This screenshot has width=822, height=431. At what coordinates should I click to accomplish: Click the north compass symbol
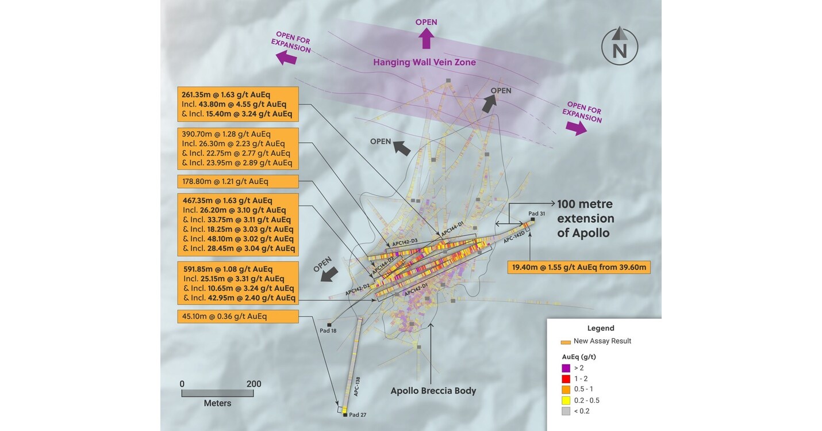click(x=620, y=45)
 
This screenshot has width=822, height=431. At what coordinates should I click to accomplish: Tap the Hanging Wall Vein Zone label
click(x=425, y=63)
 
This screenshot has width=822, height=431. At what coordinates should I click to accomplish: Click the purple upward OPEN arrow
click(x=426, y=39)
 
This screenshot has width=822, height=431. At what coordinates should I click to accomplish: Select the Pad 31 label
click(x=536, y=213)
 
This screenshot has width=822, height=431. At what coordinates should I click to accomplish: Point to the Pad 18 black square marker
click(x=329, y=325)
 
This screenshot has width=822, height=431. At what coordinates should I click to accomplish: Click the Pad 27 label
click(x=358, y=415)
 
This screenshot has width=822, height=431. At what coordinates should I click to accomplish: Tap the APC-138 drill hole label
click(x=357, y=386)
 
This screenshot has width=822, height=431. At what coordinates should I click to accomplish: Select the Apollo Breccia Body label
click(x=433, y=391)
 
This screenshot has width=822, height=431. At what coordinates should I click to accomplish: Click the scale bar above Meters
click(x=217, y=394)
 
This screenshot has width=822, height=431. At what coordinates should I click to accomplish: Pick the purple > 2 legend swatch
click(x=566, y=368)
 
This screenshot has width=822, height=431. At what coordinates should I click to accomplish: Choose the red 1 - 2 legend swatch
click(x=566, y=379)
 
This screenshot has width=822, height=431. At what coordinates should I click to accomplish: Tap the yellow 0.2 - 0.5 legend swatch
click(x=566, y=401)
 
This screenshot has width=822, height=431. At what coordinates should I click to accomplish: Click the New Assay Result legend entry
click(x=596, y=341)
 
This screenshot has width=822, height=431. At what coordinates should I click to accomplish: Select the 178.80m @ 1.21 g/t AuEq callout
click(x=238, y=181)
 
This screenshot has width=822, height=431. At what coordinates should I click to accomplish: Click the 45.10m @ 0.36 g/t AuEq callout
click(x=238, y=316)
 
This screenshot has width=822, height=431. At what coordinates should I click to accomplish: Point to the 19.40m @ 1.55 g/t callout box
click(x=579, y=267)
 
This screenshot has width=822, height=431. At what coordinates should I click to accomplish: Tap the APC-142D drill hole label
click(x=514, y=237)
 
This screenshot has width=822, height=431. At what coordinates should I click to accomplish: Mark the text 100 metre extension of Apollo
click(x=586, y=218)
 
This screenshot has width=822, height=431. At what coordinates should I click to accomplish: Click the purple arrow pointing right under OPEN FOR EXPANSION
click(x=576, y=128)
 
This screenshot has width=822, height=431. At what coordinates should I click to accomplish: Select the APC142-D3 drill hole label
click(x=405, y=242)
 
